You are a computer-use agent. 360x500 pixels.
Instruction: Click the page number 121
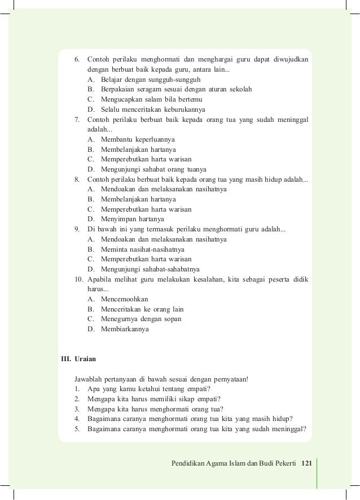(306, 463)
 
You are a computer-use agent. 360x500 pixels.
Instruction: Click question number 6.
(77, 59)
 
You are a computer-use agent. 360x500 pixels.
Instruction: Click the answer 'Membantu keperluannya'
(138, 139)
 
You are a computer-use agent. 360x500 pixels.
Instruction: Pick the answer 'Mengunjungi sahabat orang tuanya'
(153, 169)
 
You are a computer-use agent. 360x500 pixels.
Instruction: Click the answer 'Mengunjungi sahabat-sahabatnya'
(150, 269)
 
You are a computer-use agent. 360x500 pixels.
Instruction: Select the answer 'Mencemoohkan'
(125, 299)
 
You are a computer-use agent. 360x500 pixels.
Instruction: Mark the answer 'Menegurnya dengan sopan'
(141, 318)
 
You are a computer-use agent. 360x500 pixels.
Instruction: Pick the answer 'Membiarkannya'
(125, 328)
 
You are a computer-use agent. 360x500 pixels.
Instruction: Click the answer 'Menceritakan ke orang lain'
(142, 309)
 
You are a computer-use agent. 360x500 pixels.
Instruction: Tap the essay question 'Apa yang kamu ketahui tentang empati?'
(149, 389)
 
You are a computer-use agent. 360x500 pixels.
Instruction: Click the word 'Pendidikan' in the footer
(188, 463)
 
